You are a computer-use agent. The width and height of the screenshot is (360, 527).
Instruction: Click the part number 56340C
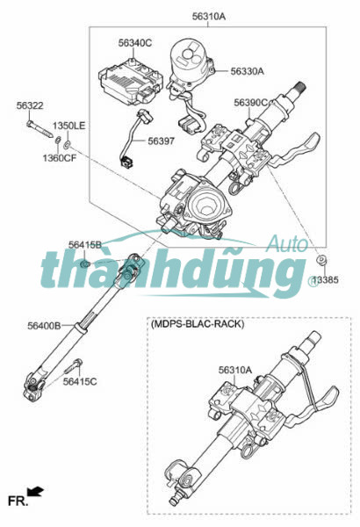135,43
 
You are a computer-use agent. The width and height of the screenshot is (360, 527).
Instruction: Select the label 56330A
247,71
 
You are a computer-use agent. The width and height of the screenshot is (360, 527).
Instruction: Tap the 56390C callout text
251,103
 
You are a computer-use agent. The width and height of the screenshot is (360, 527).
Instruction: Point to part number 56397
162,141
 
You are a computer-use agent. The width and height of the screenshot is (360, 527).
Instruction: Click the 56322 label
30,105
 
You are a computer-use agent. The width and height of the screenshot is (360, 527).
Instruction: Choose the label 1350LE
68,126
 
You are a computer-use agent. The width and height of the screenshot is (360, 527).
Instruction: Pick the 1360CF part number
60,157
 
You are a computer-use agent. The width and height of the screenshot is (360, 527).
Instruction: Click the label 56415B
84,245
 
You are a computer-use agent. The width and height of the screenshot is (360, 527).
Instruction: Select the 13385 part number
326,279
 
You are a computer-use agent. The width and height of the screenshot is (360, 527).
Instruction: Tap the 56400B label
44,325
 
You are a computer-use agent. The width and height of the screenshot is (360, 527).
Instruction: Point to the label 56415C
80,381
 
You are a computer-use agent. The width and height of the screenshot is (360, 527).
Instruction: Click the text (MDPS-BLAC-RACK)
198,324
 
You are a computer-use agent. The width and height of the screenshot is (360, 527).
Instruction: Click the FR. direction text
18,502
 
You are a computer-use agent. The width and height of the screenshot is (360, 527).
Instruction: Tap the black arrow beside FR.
35,492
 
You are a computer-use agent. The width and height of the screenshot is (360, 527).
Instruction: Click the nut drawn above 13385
321,261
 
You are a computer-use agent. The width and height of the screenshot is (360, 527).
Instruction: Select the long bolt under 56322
40,129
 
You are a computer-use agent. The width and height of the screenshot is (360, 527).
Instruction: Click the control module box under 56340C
131,81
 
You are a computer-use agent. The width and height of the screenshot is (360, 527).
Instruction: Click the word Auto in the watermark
287,243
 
